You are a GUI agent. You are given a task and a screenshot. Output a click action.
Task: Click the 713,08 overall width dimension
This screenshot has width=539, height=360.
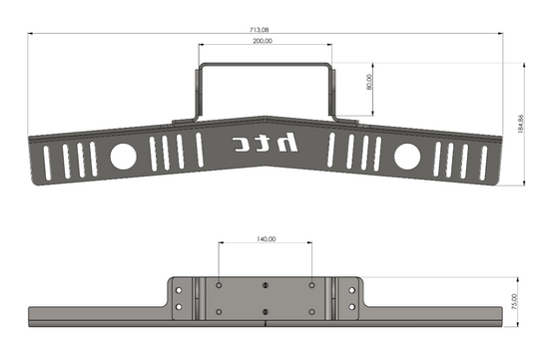pyautogui.click(x=259, y=30)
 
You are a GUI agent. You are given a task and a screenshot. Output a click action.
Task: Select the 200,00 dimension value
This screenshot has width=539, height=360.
pyautogui.click(x=263, y=41)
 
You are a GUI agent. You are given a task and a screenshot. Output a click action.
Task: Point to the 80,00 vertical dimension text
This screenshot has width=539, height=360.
pyautogui.click(x=369, y=82)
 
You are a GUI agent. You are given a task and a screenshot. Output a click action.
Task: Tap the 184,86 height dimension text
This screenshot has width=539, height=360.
pyautogui.click(x=520, y=124)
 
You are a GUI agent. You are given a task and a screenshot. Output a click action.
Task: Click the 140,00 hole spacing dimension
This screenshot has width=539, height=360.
pyautogui.click(x=267, y=238)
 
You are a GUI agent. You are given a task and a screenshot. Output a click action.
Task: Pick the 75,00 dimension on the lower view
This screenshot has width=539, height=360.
pyautogui.click(x=514, y=301)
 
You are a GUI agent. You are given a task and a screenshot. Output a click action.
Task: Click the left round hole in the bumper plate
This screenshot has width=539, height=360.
pyautogui.click(x=123, y=157)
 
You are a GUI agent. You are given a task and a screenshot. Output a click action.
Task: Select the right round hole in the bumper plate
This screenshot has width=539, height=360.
pyautogui.click(x=407, y=157)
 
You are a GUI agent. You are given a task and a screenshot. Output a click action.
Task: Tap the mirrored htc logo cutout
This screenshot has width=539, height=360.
pyautogui.click(x=265, y=143)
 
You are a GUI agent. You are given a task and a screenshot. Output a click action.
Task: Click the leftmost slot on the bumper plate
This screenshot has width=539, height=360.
pyautogui.click(x=47, y=164)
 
